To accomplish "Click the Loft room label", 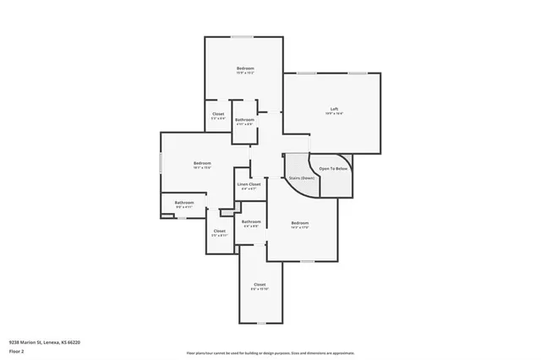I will tap(334, 108).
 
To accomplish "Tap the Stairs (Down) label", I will tap(302, 178).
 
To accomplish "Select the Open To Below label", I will tap(333, 168).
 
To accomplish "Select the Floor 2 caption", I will tap(16, 350).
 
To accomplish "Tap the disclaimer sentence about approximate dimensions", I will tap(270, 352).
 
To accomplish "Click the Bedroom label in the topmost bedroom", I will tap(245, 68).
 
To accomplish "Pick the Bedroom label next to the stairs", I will tap(301, 223).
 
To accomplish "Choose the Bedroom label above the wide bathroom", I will tap(202, 163).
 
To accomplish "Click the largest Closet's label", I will tap(260, 285).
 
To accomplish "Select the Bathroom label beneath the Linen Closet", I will tap(251, 222).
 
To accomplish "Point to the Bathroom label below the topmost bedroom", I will tap(244, 120).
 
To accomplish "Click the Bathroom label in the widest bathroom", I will tap(184, 202).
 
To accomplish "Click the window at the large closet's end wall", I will tap(260, 323).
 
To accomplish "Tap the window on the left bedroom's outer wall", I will tap(161, 163).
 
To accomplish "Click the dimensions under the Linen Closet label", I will tap(249, 188).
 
